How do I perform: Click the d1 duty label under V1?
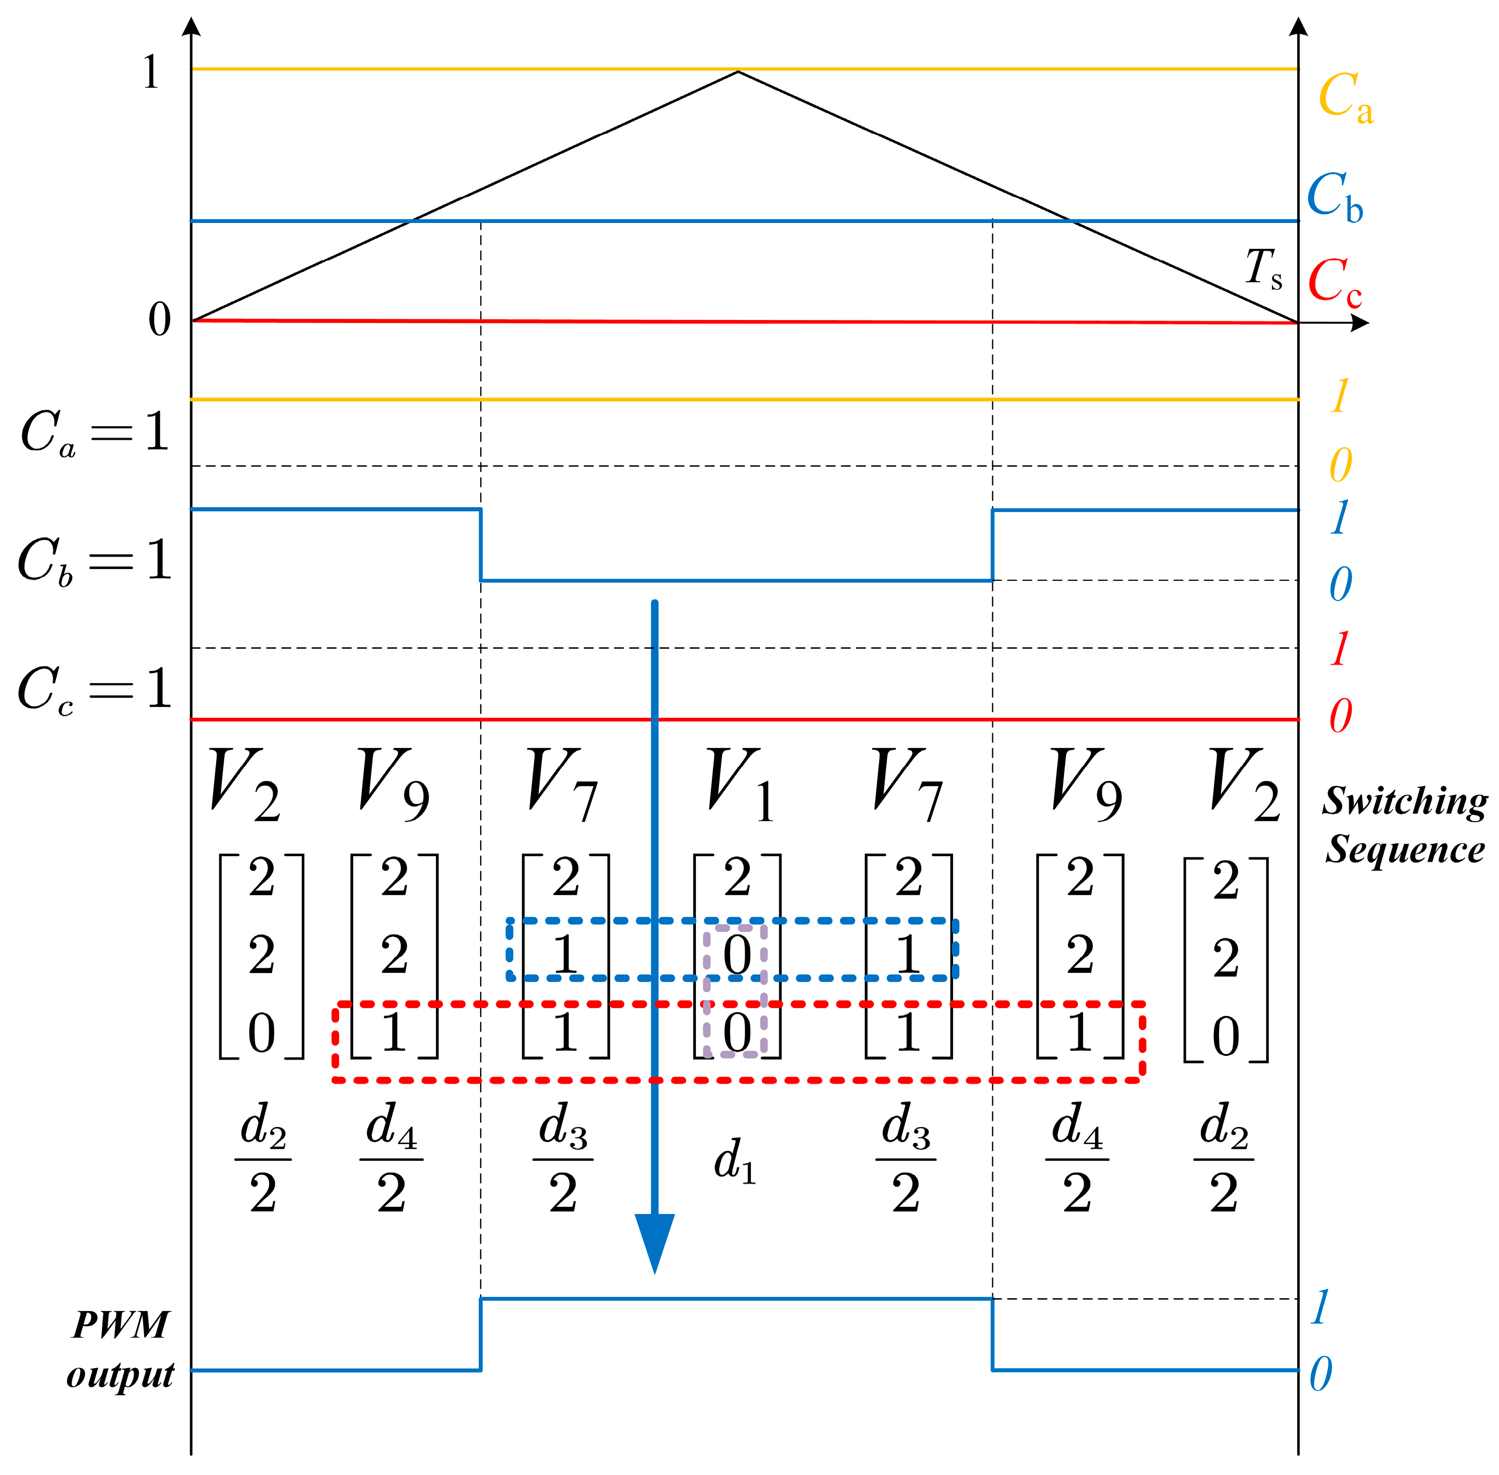click(734, 1160)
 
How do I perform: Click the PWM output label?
click(120, 1349)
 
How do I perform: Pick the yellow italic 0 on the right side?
click(1341, 465)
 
